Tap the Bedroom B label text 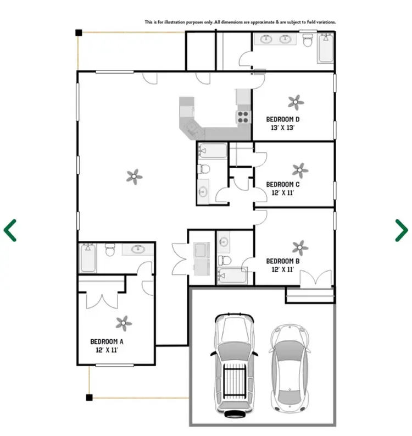tap(282, 261)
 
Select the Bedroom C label tap(282, 184)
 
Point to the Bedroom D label tap(282, 119)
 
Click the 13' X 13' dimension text tap(283, 128)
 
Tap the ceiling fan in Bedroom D tap(296, 101)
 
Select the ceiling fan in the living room tap(134, 176)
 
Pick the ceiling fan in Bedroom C tap(299, 169)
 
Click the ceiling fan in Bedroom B tap(299, 246)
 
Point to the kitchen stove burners tap(243, 117)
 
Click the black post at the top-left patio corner tap(79, 33)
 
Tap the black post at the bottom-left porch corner tap(89, 397)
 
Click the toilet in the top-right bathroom tap(308, 40)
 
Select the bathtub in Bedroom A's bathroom tap(88, 258)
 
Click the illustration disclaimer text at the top tap(240, 23)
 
